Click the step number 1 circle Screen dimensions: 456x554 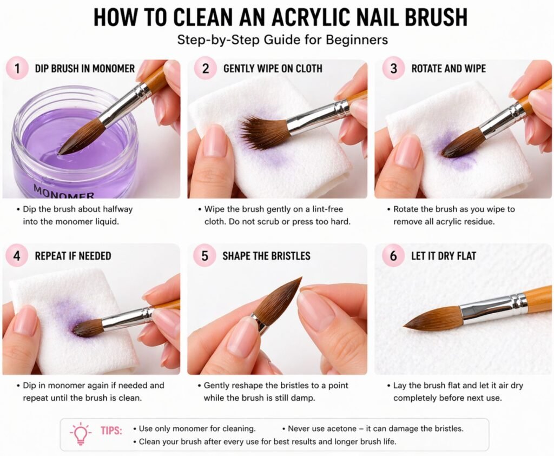16,69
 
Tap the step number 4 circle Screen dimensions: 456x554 16,255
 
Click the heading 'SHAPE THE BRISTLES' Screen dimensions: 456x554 266,256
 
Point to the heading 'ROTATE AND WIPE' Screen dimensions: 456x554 449,69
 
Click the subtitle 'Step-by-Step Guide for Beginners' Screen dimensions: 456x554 276,40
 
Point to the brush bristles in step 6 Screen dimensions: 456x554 436,319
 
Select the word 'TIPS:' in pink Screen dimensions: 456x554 111,431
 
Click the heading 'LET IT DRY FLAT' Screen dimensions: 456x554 444,256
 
